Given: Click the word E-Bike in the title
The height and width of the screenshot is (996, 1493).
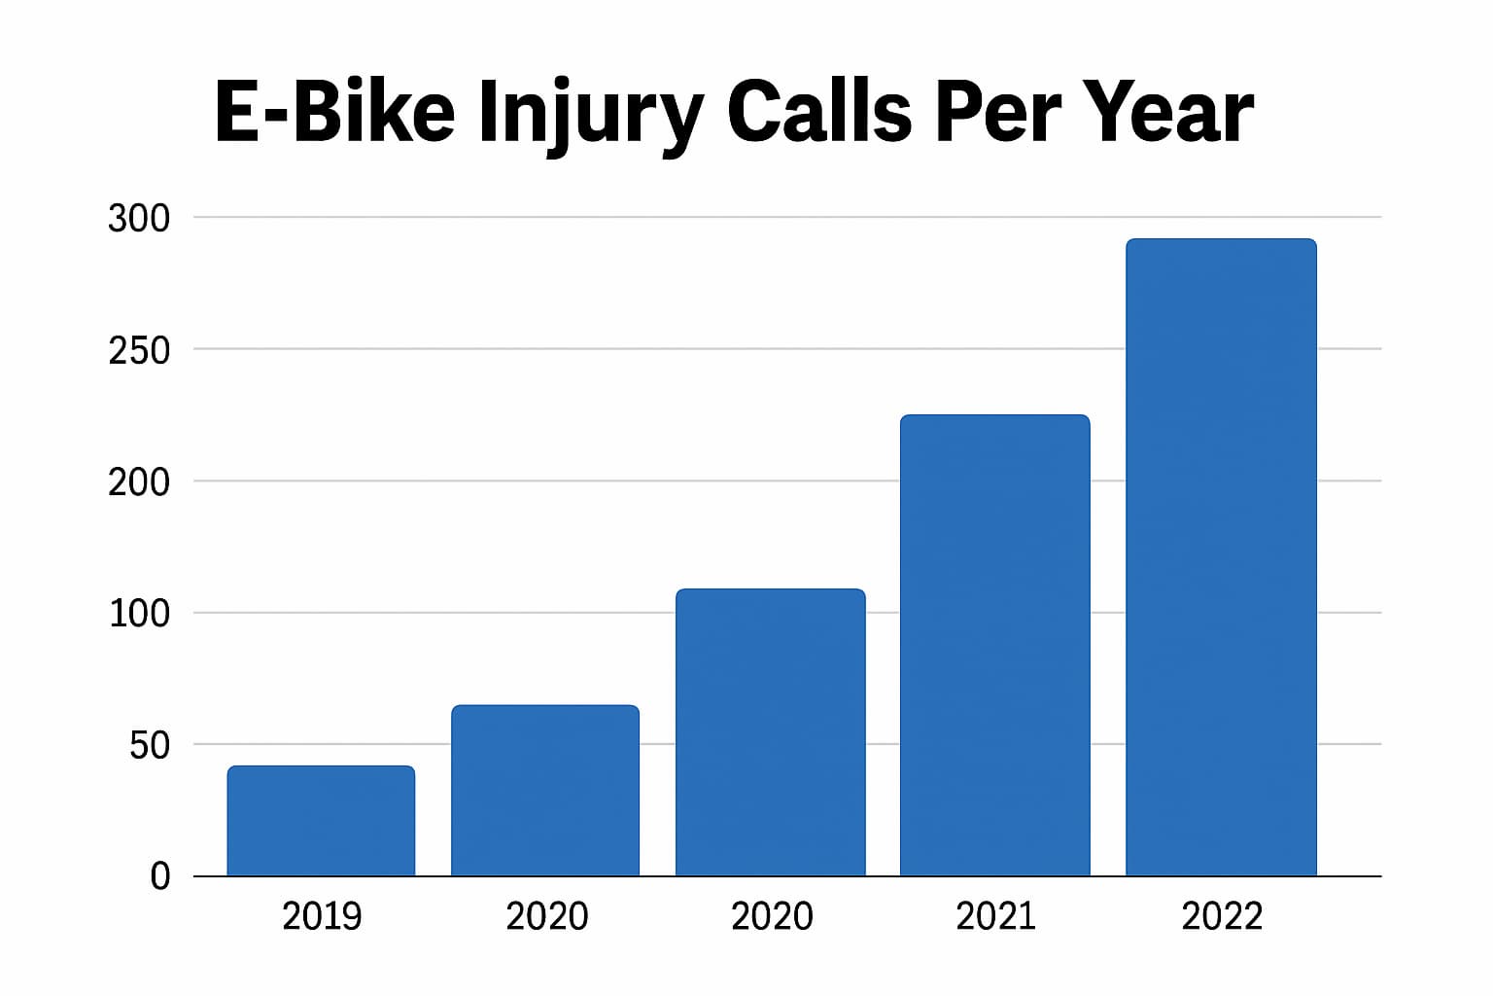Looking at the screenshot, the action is [x=334, y=111].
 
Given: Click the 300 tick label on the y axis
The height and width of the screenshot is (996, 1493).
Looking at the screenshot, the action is [x=139, y=218].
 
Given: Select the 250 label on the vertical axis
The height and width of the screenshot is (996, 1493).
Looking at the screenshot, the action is [x=139, y=350].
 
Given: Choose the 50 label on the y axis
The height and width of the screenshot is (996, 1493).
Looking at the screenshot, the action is [x=150, y=745].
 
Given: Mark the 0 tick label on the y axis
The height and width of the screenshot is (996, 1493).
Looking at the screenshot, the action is [x=160, y=876].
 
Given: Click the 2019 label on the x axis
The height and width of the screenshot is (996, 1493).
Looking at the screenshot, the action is [x=322, y=916].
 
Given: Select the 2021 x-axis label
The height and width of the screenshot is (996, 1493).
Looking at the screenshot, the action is [x=995, y=916].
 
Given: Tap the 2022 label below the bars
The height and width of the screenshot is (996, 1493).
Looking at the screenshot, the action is [x=1222, y=916].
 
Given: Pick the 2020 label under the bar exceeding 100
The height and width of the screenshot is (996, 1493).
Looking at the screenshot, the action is [x=772, y=916].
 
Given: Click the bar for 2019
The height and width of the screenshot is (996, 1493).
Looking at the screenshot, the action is [x=322, y=821].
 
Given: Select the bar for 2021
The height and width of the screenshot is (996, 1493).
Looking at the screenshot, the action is [x=995, y=645].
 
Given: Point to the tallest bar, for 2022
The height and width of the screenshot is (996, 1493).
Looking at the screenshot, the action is [x=1222, y=557].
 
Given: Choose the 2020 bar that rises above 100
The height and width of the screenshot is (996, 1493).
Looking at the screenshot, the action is [x=771, y=731].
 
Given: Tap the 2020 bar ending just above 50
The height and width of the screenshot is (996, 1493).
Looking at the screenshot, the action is [x=545, y=790].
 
